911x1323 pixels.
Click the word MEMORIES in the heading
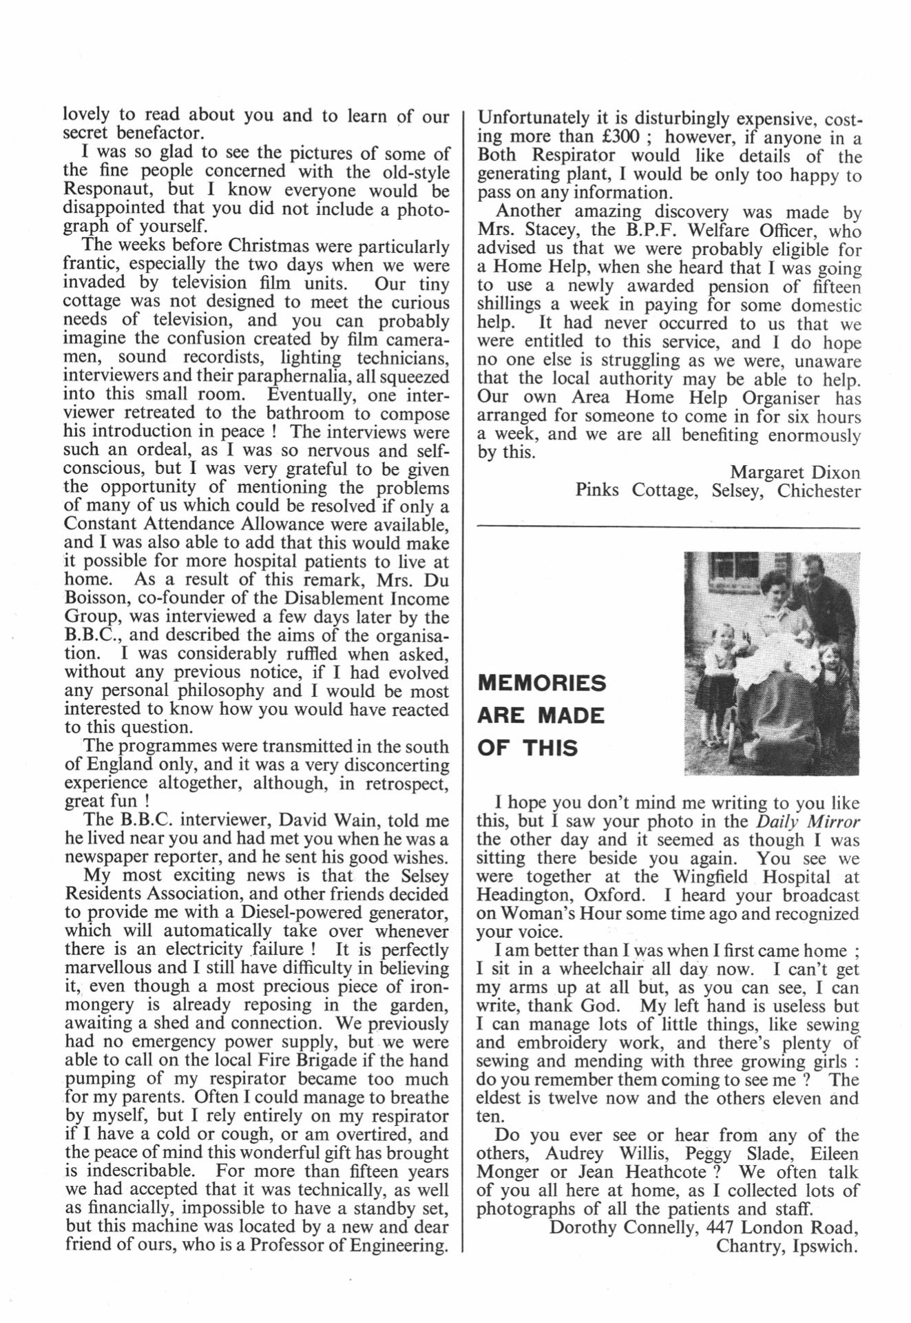tap(542, 684)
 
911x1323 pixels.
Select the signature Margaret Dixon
tap(795, 473)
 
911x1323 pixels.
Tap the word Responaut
tap(112, 190)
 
